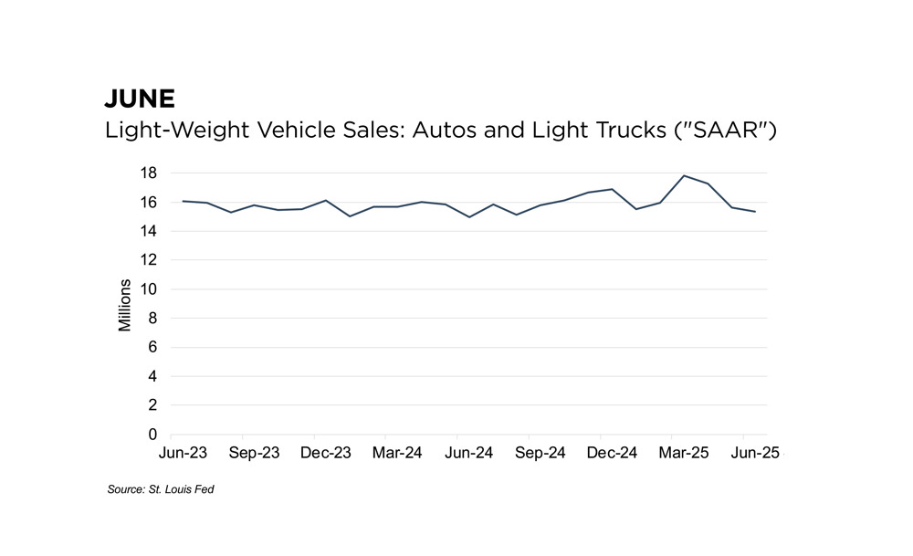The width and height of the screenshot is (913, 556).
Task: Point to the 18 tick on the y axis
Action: tap(150, 173)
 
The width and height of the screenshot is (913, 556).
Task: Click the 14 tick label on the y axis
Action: tap(150, 231)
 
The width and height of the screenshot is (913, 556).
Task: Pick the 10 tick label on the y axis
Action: tap(150, 289)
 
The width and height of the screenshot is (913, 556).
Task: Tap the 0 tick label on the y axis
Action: tap(153, 435)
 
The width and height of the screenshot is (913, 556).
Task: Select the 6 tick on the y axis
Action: tap(153, 347)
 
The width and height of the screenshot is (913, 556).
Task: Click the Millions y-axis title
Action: tap(126, 305)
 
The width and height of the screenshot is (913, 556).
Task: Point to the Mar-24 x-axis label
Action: tap(396, 453)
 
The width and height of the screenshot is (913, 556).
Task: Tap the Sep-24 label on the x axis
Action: tap(540, 453)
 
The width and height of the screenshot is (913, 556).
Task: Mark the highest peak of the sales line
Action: tap(685, 175)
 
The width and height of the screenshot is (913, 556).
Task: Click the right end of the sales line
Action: tap(755, 212)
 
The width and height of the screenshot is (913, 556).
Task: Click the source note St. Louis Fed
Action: tap(161, 490)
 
